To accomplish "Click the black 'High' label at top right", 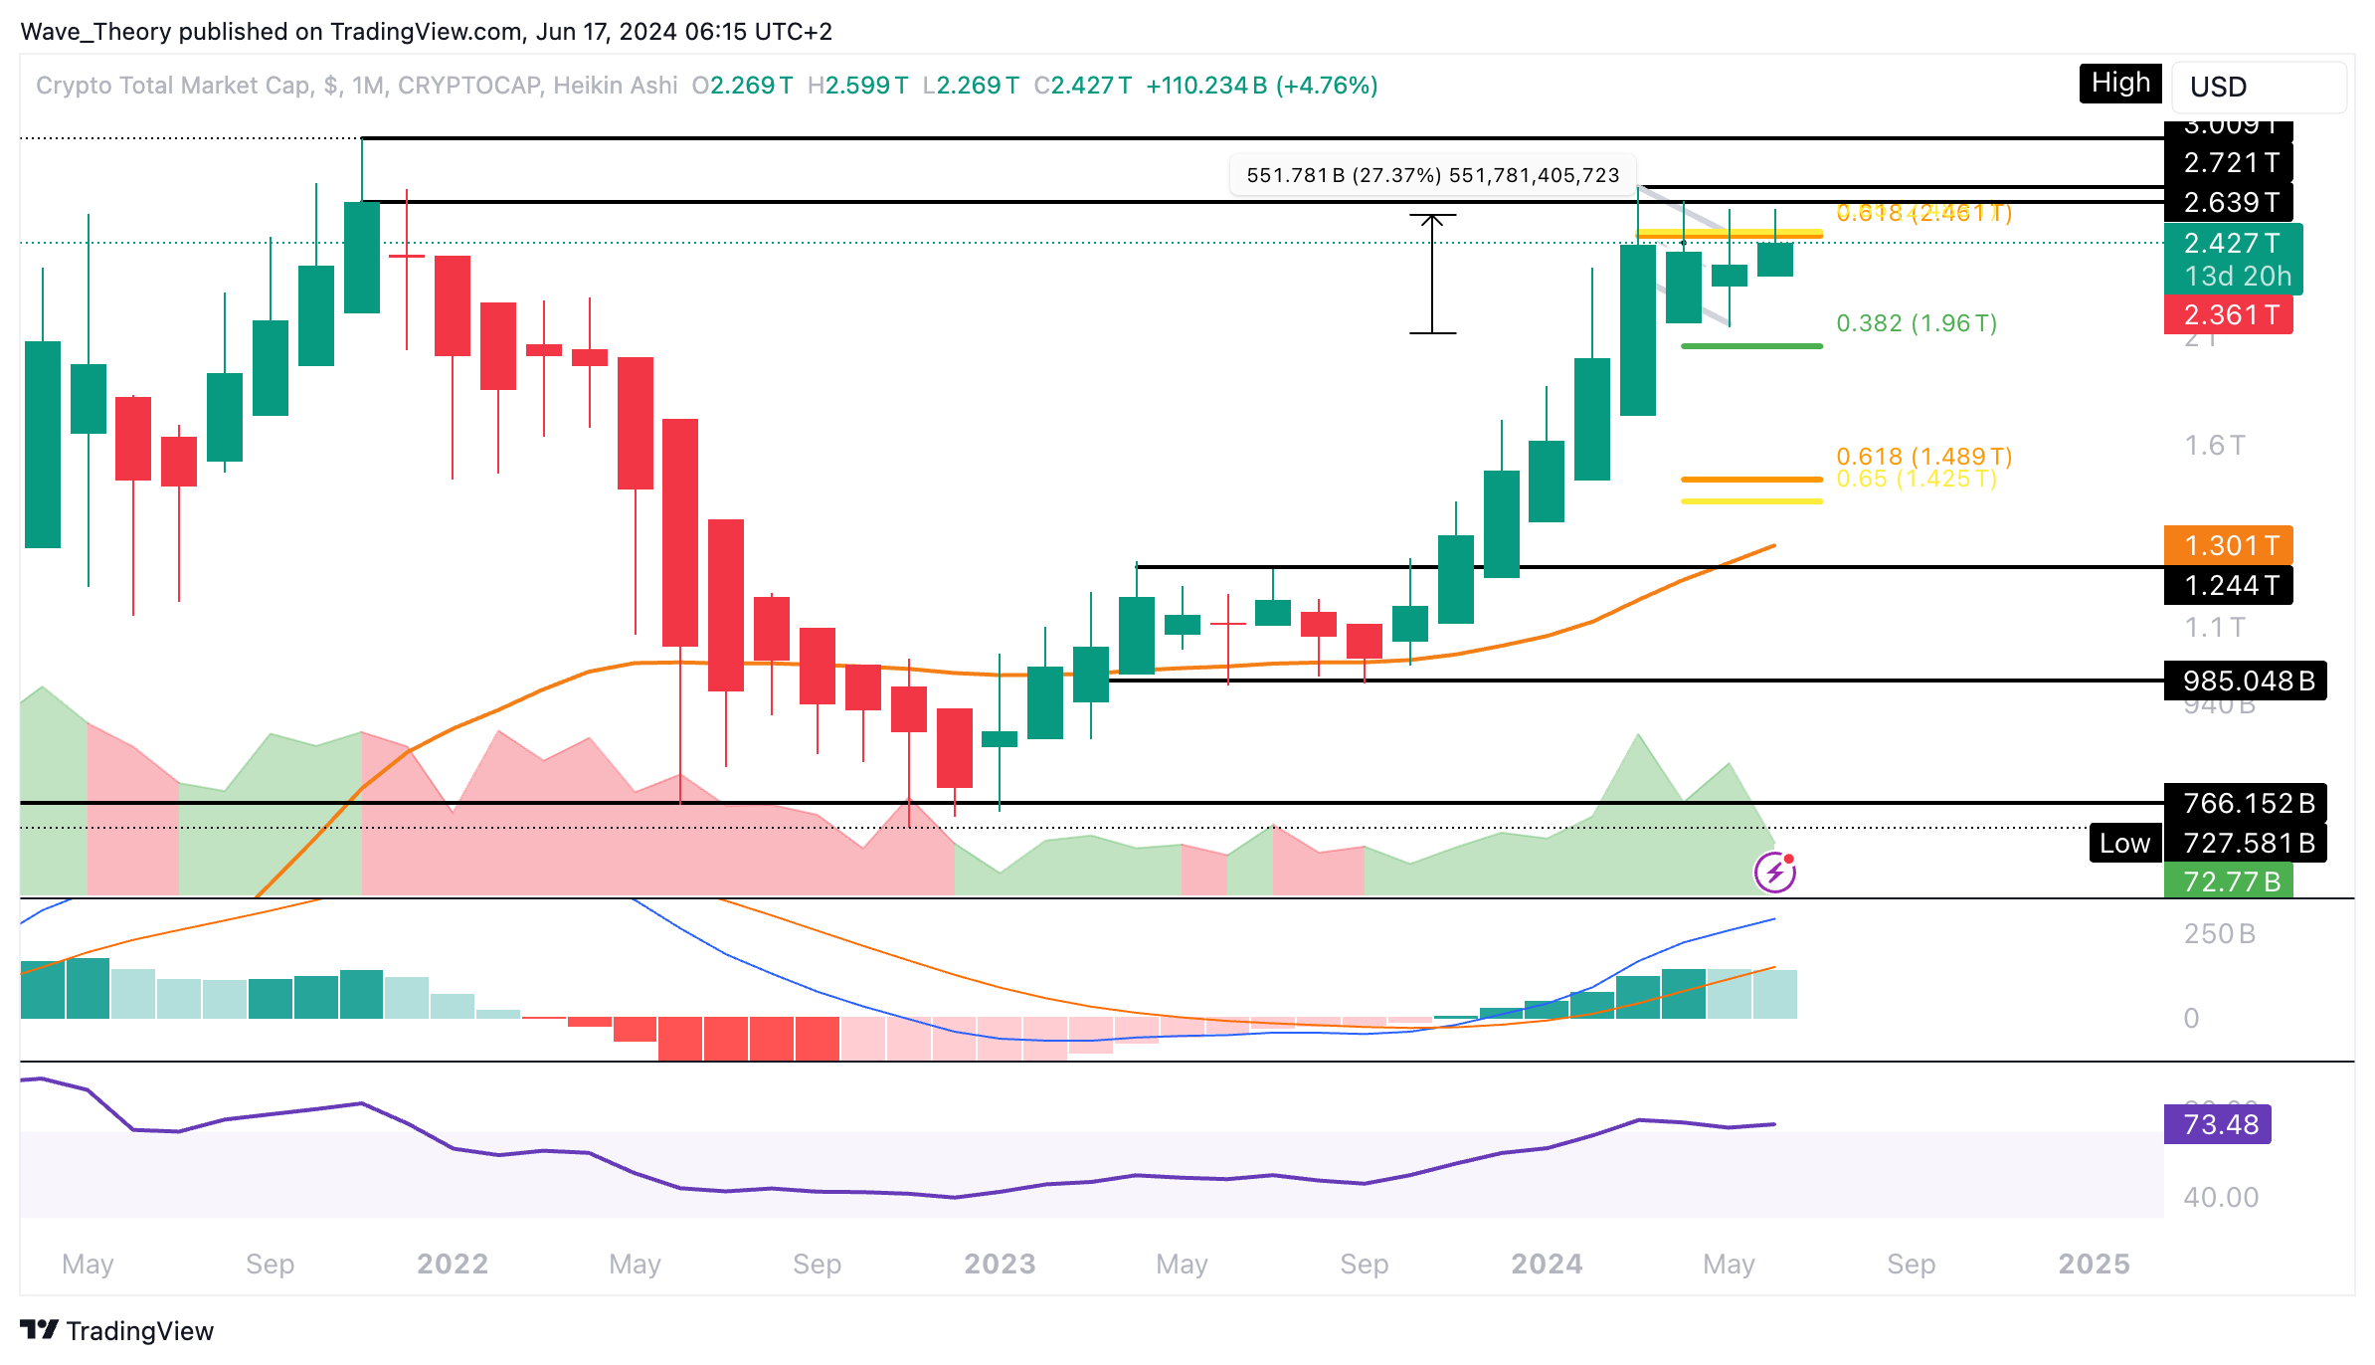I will coord(2119,84).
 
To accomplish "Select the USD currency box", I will coord(2258,88).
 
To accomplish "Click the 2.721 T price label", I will coord(2229,162).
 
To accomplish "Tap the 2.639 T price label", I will coord(2229,203).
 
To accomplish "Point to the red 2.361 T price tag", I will coord(2229,315).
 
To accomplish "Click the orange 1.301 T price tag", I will coord(2229,545).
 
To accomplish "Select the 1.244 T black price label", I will coord(2229,585).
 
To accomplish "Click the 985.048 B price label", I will coord(2246,681).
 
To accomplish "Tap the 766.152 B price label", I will coord(2246,803).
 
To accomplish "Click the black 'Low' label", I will coord(2125,844).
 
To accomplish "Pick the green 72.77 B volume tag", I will coord(2229,881).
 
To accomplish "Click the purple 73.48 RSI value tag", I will coord(2218,1124).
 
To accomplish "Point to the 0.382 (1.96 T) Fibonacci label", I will coord(1917,323).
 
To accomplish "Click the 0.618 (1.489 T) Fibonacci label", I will coord(1923,456).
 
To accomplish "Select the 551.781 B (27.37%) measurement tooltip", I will coord(1432,176).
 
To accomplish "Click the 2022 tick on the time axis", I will coord(453,1264).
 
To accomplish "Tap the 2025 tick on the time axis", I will coord(2094,1264).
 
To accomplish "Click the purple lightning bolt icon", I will coord(1775,874).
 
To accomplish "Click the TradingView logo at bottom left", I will coord(117,1330).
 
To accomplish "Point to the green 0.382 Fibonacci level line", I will coord(1751,346).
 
